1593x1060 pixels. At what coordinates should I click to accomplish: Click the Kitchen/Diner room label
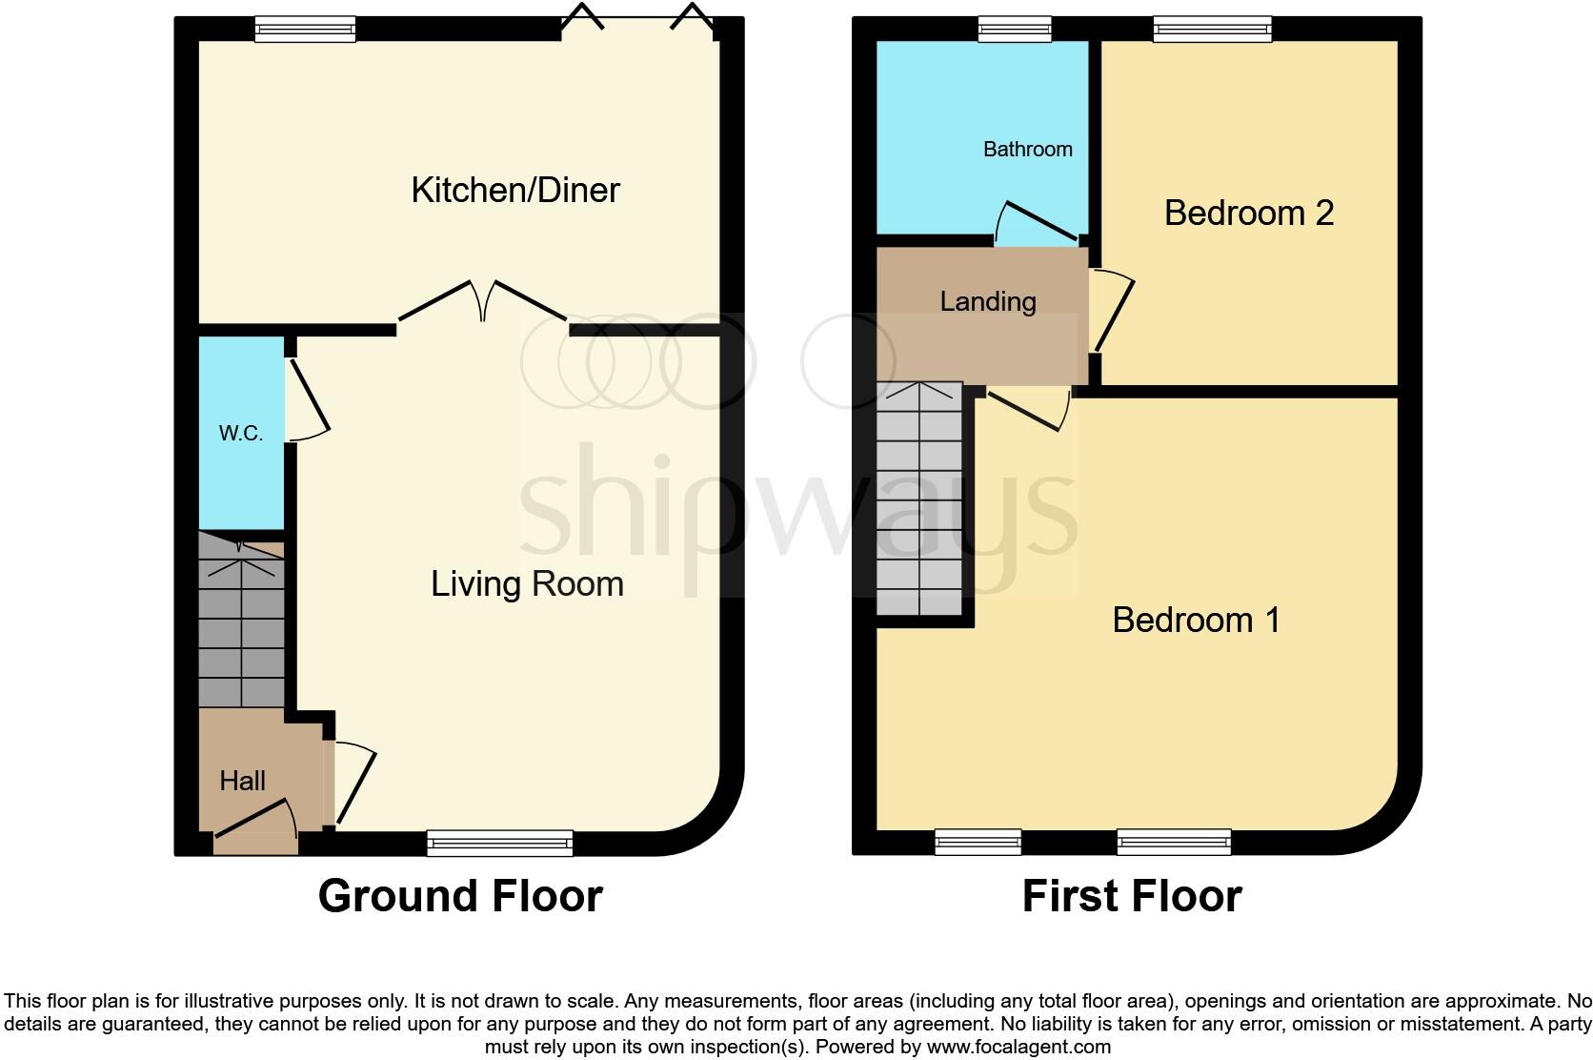[x=515, y=191]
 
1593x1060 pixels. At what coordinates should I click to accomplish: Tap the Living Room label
[x=527, y=583]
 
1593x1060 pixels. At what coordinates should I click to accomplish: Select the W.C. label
[x=240, y=434]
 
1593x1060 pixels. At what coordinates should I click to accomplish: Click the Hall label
[x=242, y=782]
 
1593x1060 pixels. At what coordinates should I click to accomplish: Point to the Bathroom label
[x=1027, y=150]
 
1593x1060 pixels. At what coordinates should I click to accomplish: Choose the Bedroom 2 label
[x=1248, y=213]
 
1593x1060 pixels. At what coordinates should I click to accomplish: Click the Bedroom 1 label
[x=1196, y=621]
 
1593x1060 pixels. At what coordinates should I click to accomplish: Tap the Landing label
[x=987, y=302]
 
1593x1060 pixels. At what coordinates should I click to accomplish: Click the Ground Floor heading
[x=460, y=896]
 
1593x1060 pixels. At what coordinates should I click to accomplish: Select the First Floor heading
[x=1132, y=896]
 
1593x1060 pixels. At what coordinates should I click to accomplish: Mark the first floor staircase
[x=918, y=500]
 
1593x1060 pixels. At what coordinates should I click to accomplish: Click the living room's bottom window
[x=500, y=843]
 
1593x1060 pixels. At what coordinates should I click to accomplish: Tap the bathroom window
[x=1015, y=30]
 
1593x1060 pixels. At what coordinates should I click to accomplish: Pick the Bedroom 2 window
[x=1212, y=30]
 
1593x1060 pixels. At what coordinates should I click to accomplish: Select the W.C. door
[x=307, y=400]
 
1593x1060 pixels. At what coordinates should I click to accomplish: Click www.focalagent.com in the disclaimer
[x=1018, y=1047]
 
